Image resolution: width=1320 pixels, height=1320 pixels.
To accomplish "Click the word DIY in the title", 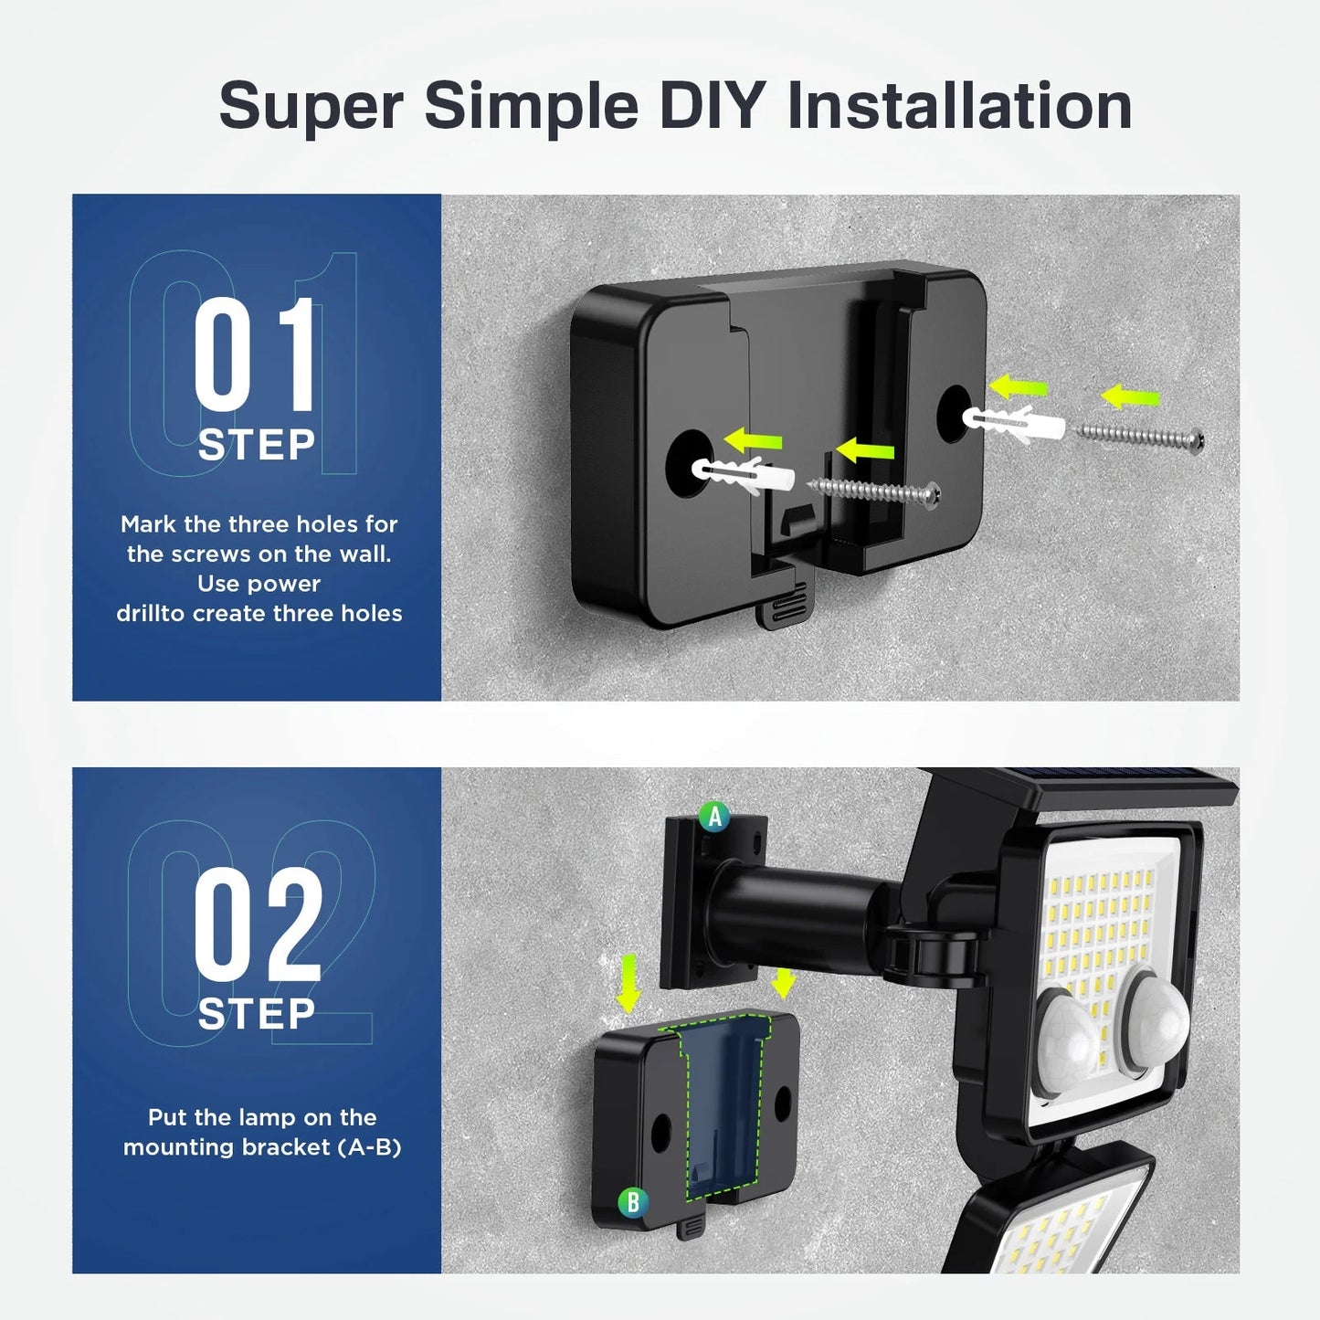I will click(712, 105).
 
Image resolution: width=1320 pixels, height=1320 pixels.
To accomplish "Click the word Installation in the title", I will click(959, 105).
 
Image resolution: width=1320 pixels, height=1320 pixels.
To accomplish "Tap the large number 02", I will click(258, 924).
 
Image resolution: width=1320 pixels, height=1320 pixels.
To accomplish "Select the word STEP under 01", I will click(257, 446).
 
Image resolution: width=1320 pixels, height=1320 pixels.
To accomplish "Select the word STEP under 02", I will click(257, 1015).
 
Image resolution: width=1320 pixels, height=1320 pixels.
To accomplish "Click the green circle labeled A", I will click(714, 817).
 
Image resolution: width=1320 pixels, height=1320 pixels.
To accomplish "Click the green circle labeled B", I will click(633, 1203).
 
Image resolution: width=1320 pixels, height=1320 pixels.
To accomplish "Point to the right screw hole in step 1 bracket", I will click(954, 412).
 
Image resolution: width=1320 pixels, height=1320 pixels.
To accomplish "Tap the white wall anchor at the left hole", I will click(743, 476).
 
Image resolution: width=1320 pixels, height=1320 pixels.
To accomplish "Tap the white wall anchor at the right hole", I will click(1014, 423).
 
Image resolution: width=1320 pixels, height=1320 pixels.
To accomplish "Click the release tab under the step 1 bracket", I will click(785, 604).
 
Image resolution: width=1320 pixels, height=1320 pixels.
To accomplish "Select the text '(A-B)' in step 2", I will click(369, 1147).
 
